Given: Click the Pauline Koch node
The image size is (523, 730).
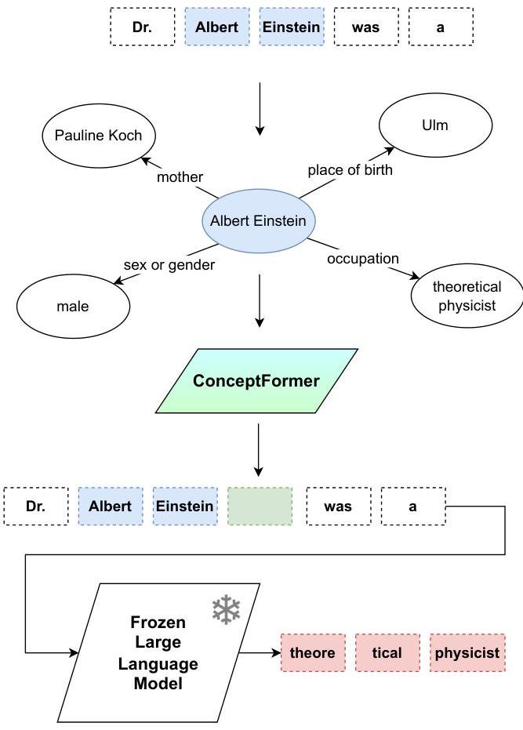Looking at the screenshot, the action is (x=99, y=136).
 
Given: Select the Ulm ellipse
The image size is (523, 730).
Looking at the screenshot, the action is (x=435, y=125).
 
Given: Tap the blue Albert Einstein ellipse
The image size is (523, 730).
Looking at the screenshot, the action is (x=259, y=220).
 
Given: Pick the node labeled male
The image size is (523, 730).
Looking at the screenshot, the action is (x=73, y=307).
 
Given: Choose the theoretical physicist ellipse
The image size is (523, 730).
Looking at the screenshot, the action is (x=467, y=296).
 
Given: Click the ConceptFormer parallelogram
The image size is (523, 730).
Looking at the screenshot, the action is (x=256, y=381).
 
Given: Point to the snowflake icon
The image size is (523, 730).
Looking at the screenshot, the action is (x=227, y=609).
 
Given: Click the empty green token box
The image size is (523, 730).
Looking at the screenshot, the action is (x=260, y=506).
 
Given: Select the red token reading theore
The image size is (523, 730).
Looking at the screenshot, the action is (x=313, y=652).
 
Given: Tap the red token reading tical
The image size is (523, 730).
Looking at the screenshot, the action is (x=387, y=652).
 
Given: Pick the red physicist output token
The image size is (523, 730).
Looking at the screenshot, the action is (x=467, y=652).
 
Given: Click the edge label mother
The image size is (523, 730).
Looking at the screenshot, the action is (x=180, y=177).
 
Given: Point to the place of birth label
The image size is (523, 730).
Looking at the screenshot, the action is (x=350, y=170).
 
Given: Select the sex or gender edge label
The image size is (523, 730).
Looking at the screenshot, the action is (x=169, y=265).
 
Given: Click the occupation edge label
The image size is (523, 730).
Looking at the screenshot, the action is (x=363, y=259).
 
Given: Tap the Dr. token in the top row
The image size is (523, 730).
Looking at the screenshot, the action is (x=143, y=27).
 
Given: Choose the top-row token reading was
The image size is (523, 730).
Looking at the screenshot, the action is (x=366, y=27).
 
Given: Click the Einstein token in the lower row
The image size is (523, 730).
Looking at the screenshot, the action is (x=185, y=506).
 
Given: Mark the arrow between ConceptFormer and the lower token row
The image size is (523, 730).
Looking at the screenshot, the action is (x=259, y=450).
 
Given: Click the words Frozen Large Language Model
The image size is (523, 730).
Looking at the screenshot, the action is (x=158, y=652).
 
